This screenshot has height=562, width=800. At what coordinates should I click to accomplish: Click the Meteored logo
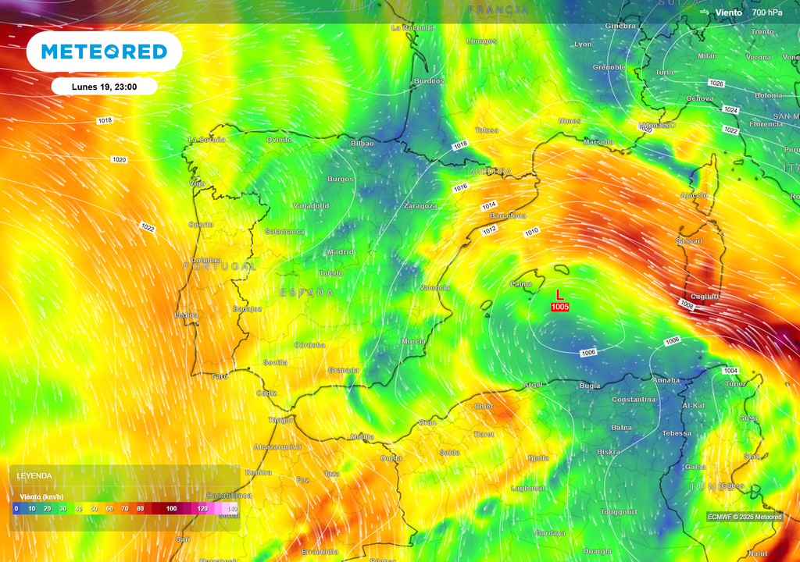(x=104, y=52)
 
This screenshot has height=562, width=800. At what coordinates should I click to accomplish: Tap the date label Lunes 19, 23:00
(x=104, y=87)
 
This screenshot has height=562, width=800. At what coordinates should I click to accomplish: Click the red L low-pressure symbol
(x=559, y=294)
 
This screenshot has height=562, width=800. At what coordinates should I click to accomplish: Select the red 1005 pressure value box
(x=559, y=307)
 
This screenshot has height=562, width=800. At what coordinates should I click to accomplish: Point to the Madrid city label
(x=341, y=252)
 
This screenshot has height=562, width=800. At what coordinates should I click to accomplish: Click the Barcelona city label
(x=508, y=215)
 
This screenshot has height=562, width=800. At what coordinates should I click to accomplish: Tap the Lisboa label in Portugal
(x=187, y=315)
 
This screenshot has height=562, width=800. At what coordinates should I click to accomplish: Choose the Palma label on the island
(x=521, y=284)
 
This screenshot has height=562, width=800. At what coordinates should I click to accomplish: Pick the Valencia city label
(x=434, y=288)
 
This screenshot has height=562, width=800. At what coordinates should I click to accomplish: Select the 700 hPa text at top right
(x=767, y=12)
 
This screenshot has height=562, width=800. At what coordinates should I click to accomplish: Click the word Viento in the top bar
(x=728, y=12)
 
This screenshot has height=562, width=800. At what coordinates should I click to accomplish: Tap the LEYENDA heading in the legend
(x=34, y=475)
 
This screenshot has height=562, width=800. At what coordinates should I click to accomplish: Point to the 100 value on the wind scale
(x=172, y=508)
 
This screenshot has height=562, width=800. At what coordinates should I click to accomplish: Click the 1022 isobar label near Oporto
(x=148, y=227)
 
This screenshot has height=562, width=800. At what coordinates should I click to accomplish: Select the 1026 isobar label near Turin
(x=716, y=83)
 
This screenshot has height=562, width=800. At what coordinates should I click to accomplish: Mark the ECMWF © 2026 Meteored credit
(x=745, y=517)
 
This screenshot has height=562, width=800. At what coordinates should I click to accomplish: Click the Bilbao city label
(x=362, y=144)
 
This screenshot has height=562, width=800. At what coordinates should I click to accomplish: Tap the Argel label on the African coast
(x=533, y=385)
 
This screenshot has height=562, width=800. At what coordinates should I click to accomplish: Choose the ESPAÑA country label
(x=307, y=293)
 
